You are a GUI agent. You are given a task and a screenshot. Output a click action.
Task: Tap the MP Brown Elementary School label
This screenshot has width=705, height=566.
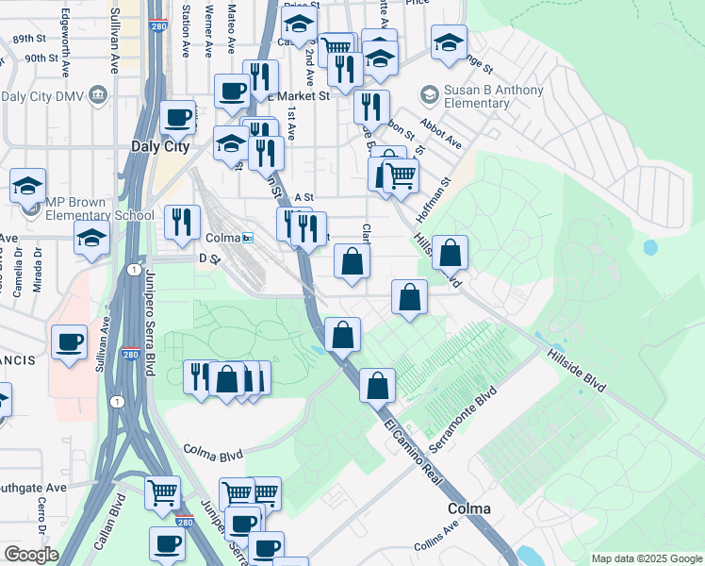point(91,208)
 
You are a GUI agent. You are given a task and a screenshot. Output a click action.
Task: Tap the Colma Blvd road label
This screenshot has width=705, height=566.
point(213,453)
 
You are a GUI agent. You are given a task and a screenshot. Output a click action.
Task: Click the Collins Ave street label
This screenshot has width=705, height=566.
point(435,541)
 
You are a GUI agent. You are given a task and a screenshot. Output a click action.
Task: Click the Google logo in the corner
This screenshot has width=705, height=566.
point(31,555)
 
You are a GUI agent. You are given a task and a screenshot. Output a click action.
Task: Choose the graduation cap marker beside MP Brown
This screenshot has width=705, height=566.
point(27,184)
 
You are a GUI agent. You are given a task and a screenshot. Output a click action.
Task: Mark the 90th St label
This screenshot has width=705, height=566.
point(41,58)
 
